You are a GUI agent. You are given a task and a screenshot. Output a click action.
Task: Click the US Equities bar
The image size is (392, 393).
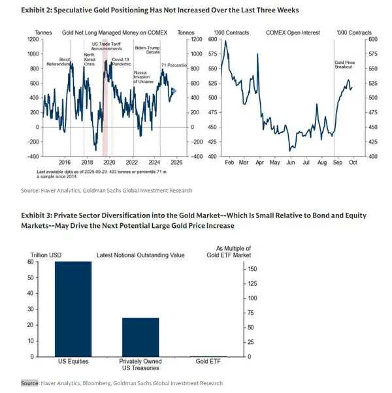[x=73, y=309]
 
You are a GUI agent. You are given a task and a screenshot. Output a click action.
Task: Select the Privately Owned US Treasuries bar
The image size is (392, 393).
[x=140, y=337]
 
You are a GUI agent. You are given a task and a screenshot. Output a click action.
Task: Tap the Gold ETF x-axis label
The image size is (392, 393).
[x=208, y=361]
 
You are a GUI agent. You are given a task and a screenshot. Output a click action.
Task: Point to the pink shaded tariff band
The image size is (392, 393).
[x=105, y=98]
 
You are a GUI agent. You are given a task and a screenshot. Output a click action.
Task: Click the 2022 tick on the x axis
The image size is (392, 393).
[x=132, y=161]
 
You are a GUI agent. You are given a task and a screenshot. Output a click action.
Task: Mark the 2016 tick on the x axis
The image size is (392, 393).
[x=65, y=161]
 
